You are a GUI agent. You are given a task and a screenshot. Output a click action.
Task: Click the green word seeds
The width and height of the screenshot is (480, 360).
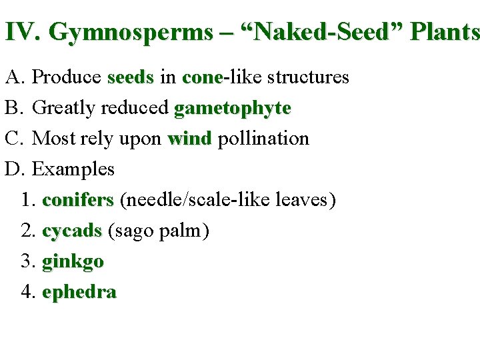(130, 77)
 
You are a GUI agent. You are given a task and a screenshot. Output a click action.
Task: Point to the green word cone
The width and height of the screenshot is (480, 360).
(202, 77)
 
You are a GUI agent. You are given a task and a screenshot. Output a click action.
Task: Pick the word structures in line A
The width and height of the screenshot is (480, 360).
(308, 77)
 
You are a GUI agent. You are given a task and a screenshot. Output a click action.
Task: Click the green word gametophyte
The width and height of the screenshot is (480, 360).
(232, 109)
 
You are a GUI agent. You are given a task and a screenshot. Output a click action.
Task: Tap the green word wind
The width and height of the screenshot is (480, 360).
(189, 139)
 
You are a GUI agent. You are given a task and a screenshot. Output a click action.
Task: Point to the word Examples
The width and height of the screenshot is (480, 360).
(73, 169)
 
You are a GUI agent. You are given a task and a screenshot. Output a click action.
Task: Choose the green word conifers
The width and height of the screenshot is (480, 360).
(78, 200)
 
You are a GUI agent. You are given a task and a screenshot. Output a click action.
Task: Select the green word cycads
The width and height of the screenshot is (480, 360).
(71, 231)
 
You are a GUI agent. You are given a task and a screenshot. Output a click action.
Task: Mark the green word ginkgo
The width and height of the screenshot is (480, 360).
(73, 262)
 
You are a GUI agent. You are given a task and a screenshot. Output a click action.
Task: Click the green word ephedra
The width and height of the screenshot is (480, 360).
(79, 292)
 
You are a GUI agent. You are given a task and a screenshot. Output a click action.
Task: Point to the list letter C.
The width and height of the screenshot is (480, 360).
(14, 139)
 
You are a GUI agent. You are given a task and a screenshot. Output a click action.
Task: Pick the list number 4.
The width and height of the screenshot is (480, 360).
(27, 292)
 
